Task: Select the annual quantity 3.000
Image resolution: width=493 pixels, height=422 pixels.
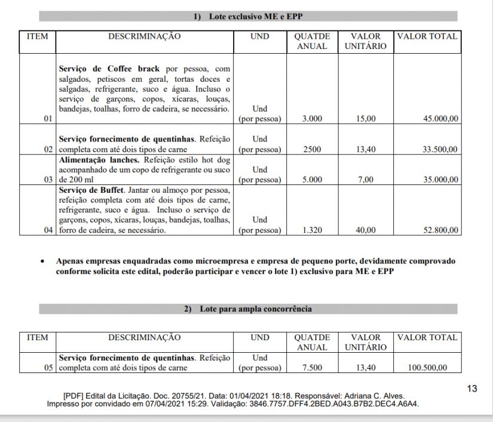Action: [x=312, y=119]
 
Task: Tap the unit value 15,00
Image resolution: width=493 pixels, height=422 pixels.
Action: [x=366, y=119]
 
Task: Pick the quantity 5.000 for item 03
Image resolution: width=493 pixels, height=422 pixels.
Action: [x=312, y=180]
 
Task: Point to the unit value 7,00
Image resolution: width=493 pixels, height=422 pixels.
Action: [x=366, y=180]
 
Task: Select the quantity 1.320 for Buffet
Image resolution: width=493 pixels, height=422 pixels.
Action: [x=312, y=230]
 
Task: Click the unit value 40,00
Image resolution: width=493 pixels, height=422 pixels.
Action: [x=366, y=230]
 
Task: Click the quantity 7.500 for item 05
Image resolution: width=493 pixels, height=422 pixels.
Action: [x=312, y=368]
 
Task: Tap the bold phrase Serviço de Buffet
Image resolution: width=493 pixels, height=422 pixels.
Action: [x=91, y=190]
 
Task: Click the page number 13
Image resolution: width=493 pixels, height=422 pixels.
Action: [x=472, y=389]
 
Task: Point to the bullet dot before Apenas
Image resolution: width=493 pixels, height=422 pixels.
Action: [x=42, y=261]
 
